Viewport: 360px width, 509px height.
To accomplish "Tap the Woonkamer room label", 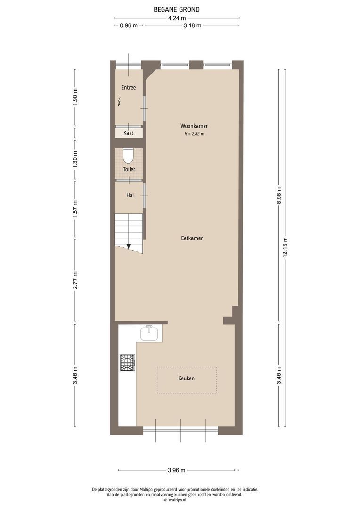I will click(x=194, y=126).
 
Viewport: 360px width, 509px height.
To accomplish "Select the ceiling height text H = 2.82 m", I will click(x=194, y=134).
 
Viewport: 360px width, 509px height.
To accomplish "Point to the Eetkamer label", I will click(x=192, y=238).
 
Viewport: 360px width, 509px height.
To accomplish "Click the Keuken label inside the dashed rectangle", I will click(x=186, y=378).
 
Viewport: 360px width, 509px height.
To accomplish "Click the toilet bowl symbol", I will click(x=128, y=156).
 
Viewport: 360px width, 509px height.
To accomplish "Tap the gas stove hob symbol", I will click(x=127, y=363).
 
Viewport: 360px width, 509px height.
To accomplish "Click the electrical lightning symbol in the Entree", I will click(x=120, y=101).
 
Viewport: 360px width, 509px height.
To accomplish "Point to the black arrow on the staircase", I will click(x=128, y=246).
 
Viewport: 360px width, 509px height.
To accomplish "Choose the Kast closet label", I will click(x=128, y=133).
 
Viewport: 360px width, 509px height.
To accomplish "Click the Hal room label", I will click(x=130, y=195).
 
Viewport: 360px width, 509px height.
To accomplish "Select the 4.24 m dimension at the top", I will click(x=177, y=18).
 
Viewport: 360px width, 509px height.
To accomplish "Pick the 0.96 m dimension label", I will click(x=129, y=25).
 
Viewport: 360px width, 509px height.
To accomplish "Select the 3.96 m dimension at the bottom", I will click(x=177, y=470).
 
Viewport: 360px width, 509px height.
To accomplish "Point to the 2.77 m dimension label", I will click(x=75, y=281).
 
